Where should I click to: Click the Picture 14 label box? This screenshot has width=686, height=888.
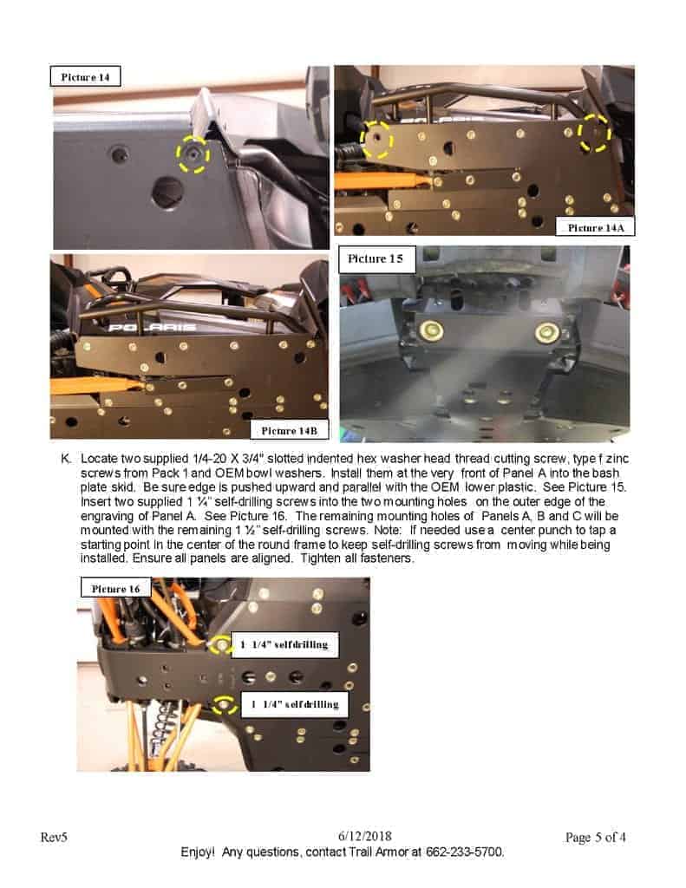click(86, 76)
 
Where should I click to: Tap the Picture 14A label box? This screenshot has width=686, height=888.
click(595, 227)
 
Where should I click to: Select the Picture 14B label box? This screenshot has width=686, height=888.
click(289, 430)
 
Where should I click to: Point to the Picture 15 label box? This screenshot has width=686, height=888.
click(376, 258)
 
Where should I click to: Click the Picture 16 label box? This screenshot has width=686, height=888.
click(115, 589)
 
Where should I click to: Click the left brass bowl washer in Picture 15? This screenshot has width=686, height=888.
click(431, 331)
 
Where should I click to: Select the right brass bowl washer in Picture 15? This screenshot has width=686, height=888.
click(546, 333)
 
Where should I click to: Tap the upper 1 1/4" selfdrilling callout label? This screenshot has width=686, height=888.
click(285, 644)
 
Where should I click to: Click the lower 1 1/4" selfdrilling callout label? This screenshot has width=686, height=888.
click(295, 704)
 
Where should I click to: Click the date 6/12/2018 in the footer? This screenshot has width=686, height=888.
click(365, 837)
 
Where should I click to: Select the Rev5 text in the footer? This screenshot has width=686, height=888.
click(54, 837)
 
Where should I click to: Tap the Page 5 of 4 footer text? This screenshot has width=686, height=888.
click(595, 837)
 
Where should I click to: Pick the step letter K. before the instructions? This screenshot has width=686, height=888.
click(66, 459)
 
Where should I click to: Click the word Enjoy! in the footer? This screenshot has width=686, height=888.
click(198, 852)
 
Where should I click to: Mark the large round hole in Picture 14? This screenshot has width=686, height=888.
click(167, 192)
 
